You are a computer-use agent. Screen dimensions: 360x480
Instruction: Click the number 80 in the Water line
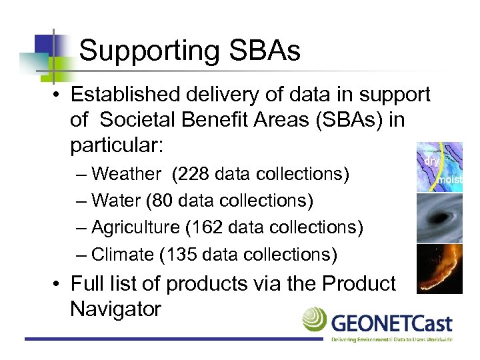pos(163,201)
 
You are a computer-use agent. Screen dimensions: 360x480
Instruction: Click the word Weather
pos(126,174)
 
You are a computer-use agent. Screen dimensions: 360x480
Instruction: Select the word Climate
pos(122,254)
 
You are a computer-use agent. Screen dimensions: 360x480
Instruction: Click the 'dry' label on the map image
pos(432,161)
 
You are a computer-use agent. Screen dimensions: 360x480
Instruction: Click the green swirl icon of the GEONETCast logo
pos(315,320)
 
